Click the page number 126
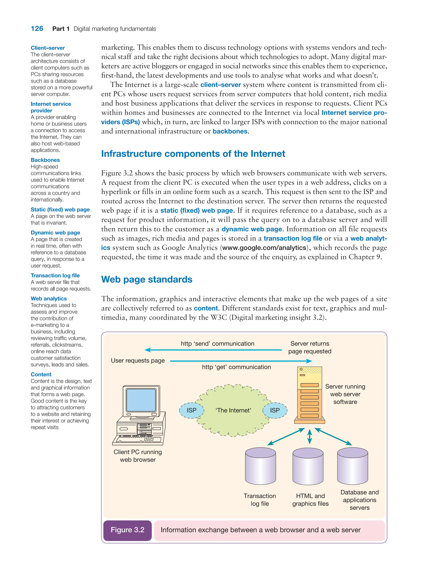tap(37, 28)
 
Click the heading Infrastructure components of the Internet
tap(193, 154)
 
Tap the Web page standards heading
tap(147, 279)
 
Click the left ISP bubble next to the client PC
tap(192, 410)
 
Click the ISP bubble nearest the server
tap(275, 410)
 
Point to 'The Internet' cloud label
tap(233, 410)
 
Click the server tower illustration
tap(310, 395)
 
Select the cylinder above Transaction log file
tap(260, 466)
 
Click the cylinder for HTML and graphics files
tap(308, 466)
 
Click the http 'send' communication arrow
tap(213, 350)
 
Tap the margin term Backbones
tap(45, 160)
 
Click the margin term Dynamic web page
tap(55, 233)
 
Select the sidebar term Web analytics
tap(49, 299)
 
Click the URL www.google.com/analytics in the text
tap(264, 248)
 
